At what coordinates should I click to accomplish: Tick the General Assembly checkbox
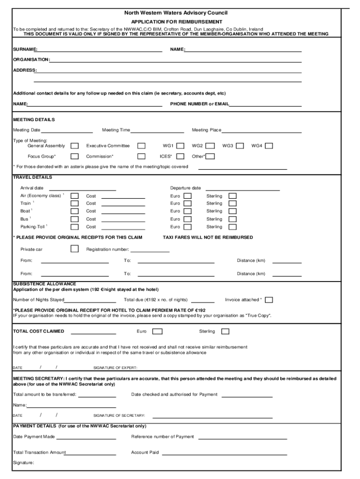coord(74,146)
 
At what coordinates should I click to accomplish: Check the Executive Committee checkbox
coord(141,146)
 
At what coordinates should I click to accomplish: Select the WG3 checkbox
coord(240,146)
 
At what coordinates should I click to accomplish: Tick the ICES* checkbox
coord(180,156)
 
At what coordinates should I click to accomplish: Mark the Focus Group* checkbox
coord(74,156)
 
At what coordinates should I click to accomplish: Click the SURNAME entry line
coord(100,50)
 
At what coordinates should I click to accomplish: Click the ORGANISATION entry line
coord(175,60)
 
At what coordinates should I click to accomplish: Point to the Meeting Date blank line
coord(67,131)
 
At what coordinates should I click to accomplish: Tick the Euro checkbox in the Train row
coord(187,203)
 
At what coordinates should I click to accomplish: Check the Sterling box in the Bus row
coord(232,219)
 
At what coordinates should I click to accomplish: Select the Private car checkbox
coord(74,249)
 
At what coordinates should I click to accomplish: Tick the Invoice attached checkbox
coord(269,300)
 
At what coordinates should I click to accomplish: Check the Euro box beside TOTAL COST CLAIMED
coord(158,332)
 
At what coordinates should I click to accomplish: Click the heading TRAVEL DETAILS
coord(33,178)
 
